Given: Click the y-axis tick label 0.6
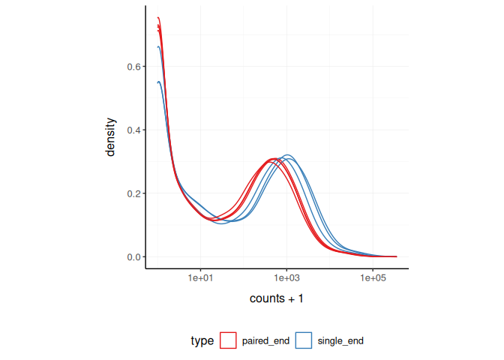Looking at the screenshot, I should point(133,67).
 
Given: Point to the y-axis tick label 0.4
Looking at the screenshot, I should point(133,130).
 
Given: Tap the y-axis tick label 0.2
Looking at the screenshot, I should point(133,193).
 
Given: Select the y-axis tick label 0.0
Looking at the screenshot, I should point(133,257).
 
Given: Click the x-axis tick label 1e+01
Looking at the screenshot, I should point(200,278).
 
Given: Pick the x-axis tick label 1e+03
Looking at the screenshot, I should point(286,278).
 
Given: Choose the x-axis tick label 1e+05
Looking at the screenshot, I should point(373,278).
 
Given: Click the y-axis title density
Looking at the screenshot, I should point(111,136).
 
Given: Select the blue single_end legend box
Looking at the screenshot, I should point(303,340).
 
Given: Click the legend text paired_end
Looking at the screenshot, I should point(265,340).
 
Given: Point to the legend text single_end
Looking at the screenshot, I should point(341,340).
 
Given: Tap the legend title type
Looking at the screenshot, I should point(202,340).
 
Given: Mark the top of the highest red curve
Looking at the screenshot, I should point(158,17).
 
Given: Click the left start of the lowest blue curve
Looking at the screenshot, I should point(157,82).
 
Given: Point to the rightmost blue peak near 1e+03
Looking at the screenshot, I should point(286,155).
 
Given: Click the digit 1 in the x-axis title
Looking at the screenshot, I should point(300,298).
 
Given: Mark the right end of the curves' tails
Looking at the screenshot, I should point(396,256).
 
